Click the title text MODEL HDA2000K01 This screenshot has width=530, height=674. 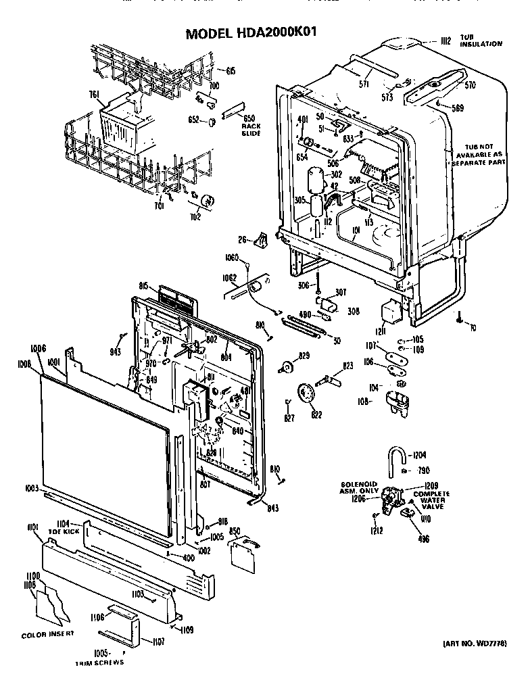252,32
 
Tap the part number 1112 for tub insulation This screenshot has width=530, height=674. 444,41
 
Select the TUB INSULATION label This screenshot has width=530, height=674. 481,40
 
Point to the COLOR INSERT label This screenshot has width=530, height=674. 47,635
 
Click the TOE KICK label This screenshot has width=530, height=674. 70,531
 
